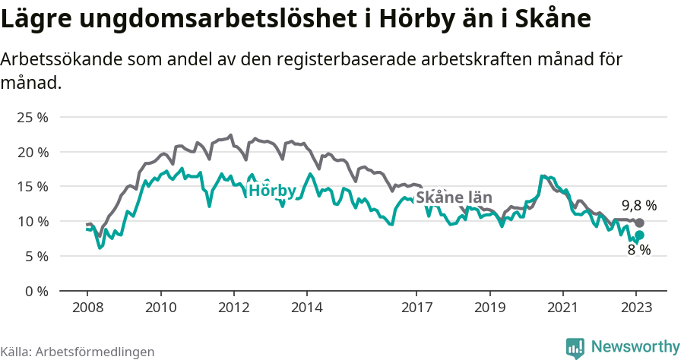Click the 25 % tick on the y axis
click(33, 118)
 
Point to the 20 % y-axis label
click(33, 152)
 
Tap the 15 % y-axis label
click(33, 187)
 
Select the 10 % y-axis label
click(33, 222)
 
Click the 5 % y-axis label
click(36, 256)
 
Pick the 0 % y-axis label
click(36, 291)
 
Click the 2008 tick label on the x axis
click(87, 308)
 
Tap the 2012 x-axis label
click(233, 308)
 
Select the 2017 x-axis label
click(416, 308)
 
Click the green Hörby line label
click(272, 190)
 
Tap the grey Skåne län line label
click(454, 196)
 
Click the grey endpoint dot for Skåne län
click(639, 223)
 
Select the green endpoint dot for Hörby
click(639, 235)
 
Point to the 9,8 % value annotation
click(638, 206)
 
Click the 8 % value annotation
click(638, 250)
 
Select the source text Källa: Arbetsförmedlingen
click(78, 352)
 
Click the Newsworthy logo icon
click(575, 347)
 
